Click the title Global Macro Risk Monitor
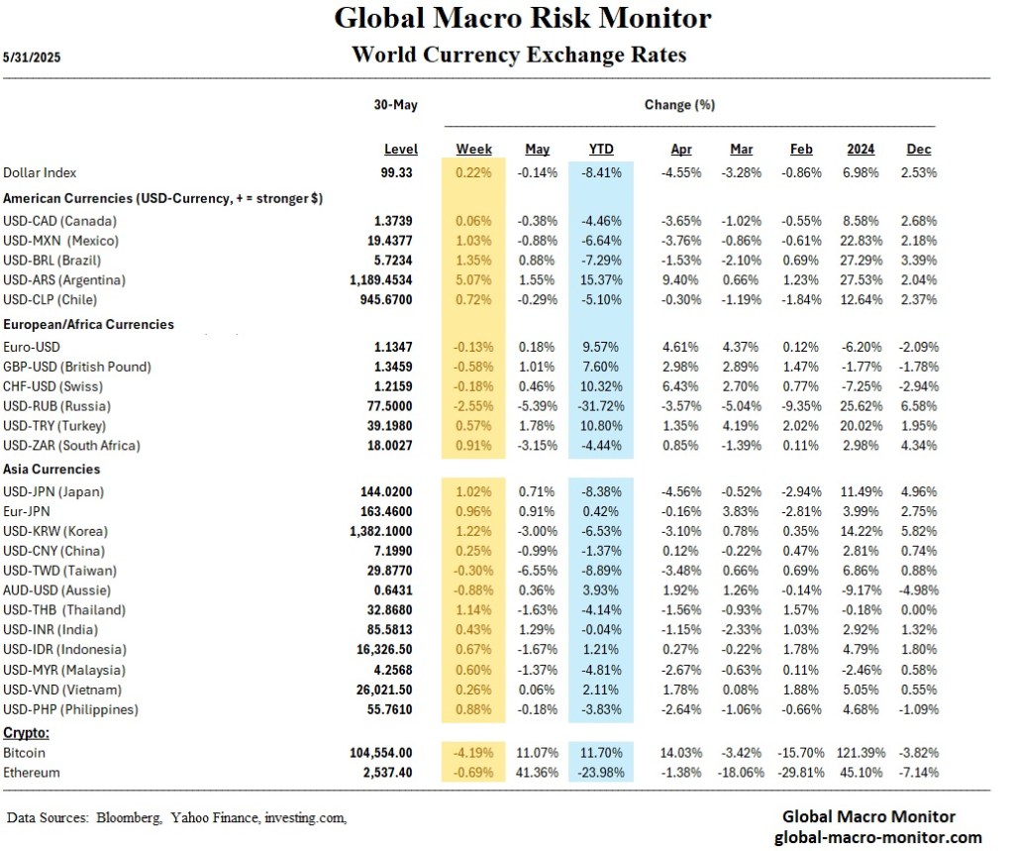tap(522, 18)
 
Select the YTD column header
tap(601, 150)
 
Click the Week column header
tap(473, 150)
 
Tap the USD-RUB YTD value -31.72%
tap(600, 406)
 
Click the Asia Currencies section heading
tap(51, 469)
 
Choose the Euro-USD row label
tap(33, 347)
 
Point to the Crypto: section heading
tap(27, 732)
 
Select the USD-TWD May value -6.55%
tap(536, 571)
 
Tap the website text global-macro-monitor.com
tap(868, 837)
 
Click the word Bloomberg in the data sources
tap(129, 817)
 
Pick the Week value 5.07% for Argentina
tap(473, 279)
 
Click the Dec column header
tap(918, 150)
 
